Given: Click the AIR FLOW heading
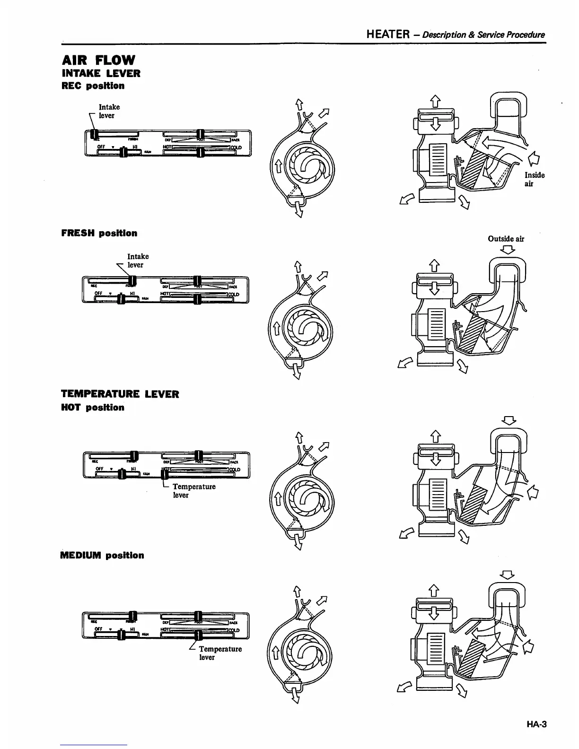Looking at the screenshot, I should pos(98,60).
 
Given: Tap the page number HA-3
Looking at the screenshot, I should pos(535,724).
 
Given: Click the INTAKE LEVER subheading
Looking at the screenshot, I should pos(101,73).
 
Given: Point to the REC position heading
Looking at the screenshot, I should pos(93,86).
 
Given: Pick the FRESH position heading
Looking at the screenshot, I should pos(99,233).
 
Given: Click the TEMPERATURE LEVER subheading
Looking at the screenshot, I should pos(120,394).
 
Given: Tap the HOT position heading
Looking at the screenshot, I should pos(93,408).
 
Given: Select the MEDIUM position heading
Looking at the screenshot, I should pos(102,555).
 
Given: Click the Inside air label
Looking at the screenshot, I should pos(534,179).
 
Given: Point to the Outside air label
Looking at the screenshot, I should pos(506,239).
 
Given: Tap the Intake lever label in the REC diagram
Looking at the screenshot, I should pos(109,111).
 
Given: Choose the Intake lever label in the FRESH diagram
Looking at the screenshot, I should pos(138,261).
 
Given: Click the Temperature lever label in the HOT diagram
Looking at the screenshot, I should pos(194,491).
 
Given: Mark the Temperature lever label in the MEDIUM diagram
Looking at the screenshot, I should pos(220,653).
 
